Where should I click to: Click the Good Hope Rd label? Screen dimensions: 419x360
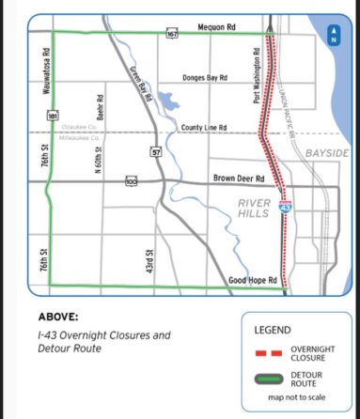(x=252, y=280)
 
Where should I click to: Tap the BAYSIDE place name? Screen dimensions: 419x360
(x=328, y=152)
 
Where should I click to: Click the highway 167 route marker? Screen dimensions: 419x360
(x=172, y=34)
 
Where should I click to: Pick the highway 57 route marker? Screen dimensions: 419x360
(x=156, y=150)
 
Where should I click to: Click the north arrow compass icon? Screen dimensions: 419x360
(x=333, y=35)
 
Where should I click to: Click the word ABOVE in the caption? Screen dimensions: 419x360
(x=59, y=318)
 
